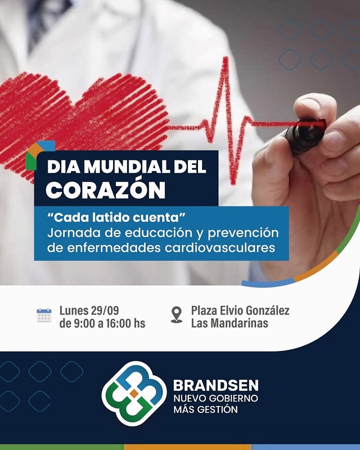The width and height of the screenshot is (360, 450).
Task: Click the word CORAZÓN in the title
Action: [106, 190]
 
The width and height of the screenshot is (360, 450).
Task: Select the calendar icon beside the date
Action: [44, 315]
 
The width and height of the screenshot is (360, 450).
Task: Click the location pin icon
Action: [176, 314]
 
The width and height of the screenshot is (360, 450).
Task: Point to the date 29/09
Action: [105, 310]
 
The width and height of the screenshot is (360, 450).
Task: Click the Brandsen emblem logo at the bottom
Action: [134, 393]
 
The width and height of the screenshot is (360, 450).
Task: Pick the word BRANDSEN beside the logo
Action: [216, 385]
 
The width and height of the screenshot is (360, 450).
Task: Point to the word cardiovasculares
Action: [220, 247]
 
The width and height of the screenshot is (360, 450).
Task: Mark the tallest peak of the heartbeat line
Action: [226, 58]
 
